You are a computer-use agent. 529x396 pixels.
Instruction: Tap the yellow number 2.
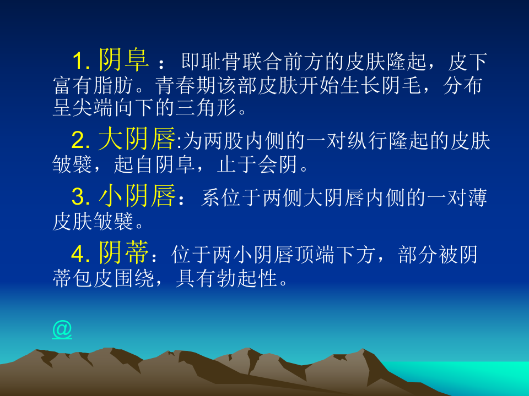(81, 142)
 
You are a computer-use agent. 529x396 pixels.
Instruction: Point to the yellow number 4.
(81, 254)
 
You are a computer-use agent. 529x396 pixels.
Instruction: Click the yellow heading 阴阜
(124, 61)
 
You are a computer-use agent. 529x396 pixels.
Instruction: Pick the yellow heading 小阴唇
(138, 196)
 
